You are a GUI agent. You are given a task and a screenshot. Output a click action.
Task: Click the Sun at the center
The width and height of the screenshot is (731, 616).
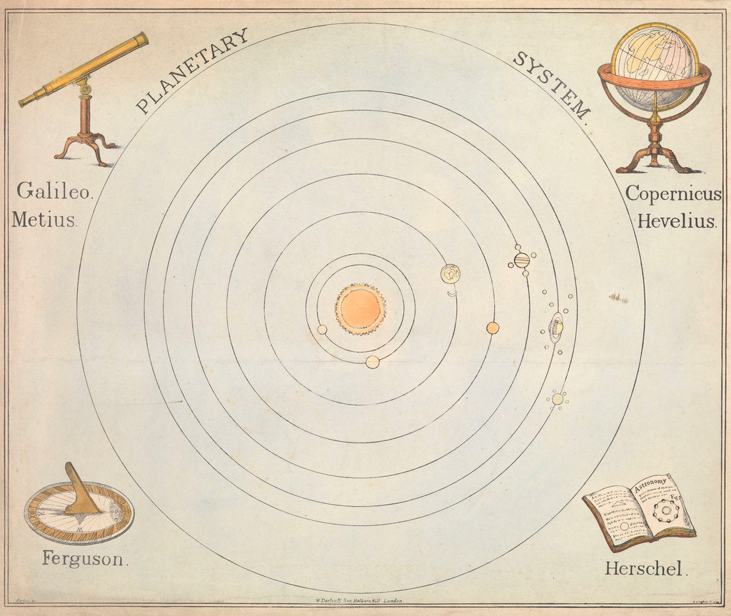click(361, 308)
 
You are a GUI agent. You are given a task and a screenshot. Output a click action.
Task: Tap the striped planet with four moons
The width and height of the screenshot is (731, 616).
click(522, 260)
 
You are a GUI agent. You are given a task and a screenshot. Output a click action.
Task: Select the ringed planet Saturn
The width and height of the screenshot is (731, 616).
click(556, 328)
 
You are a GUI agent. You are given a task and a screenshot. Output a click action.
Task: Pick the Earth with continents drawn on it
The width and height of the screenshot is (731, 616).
click(450, 273)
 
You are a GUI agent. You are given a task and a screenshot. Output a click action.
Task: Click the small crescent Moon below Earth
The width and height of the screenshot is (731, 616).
click(451, 291)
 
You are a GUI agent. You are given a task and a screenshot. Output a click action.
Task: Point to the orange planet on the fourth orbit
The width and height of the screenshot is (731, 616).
click(493, 328)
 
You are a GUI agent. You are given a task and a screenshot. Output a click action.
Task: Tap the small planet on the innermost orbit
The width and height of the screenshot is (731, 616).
click(322, 330)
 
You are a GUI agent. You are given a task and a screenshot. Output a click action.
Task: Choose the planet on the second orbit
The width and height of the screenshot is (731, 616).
click(372, 362)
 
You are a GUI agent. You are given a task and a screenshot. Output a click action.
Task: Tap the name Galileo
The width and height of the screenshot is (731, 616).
click(54, 191)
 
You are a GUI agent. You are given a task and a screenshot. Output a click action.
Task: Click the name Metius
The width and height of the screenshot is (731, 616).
click(44, 219)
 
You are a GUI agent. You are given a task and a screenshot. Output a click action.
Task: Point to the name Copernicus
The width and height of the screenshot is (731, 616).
click(673, 193)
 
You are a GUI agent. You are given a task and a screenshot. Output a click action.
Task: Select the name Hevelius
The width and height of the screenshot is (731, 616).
click(677, 221)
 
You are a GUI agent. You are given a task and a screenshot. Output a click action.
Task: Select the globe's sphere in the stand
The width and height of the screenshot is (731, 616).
click(654, 65)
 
